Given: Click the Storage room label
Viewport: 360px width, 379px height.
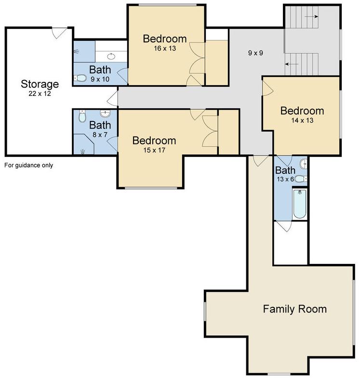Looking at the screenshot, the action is click(x=40, y=84).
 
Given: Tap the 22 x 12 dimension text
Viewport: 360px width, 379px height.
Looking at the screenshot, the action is click(x=40, y=93).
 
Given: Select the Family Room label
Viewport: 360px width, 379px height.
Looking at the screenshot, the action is click(x=294, y=309).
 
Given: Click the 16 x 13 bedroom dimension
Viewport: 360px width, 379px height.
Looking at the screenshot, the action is click(x=165, y=48).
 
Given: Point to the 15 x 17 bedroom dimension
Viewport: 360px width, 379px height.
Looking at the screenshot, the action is click(x=154, y=150).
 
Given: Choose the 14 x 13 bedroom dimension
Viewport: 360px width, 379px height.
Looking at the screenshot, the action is click(x=302, y=120).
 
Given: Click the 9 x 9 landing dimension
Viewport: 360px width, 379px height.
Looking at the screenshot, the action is click(x=255, y=53).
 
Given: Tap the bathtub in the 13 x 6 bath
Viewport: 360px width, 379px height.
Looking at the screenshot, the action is click(x=299, y=204).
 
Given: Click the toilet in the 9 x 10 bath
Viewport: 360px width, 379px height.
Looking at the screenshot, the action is click(x=80, y=78).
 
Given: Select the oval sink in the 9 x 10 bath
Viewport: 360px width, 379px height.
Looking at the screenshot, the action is click(x=111, y=56).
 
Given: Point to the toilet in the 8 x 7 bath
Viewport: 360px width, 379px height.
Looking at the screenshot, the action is click(x=82, y=116).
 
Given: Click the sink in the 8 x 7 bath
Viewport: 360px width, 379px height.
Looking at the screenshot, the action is click(x=105, y=113).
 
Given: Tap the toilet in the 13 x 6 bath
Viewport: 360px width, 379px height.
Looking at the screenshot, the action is click(x=301, y=179).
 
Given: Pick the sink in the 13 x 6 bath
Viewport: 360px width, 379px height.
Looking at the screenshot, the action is click(x=304, y=164).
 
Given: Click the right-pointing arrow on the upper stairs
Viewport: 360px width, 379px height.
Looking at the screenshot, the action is click(x=311, y=17).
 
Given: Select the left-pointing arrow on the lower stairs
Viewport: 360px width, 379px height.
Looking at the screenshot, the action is click(x=292, y=64).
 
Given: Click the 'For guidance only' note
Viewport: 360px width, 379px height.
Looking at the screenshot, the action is click(x=28, y=165).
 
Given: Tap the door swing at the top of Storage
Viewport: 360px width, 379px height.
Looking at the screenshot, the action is click(x=59, y=33).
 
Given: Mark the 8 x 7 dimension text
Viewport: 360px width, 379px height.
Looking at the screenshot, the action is click(x=100, y=135).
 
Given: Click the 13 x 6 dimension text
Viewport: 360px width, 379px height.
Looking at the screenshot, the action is click(x=285, y=179).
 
